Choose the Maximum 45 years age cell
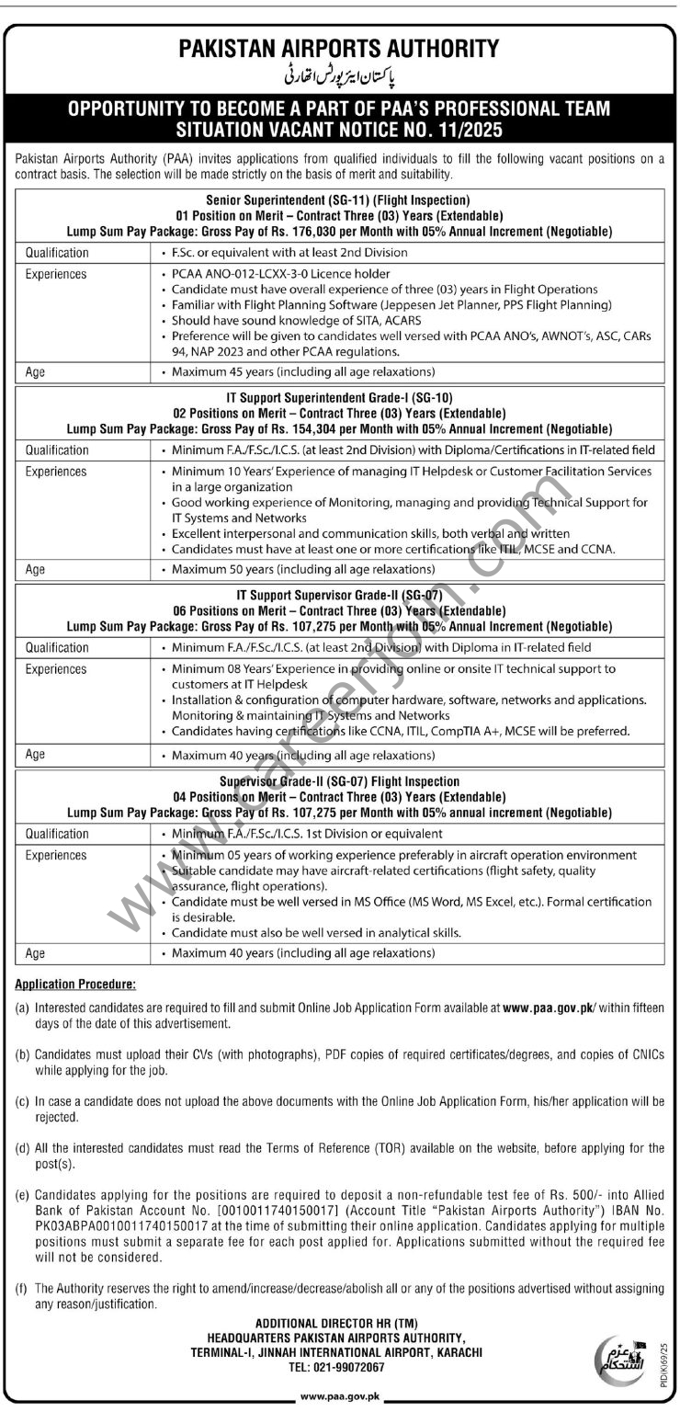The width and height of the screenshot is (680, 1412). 304,373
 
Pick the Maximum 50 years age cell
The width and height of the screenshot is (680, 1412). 304,570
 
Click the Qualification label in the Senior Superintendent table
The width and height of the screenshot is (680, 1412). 57,252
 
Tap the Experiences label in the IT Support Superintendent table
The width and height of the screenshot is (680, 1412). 56,472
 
